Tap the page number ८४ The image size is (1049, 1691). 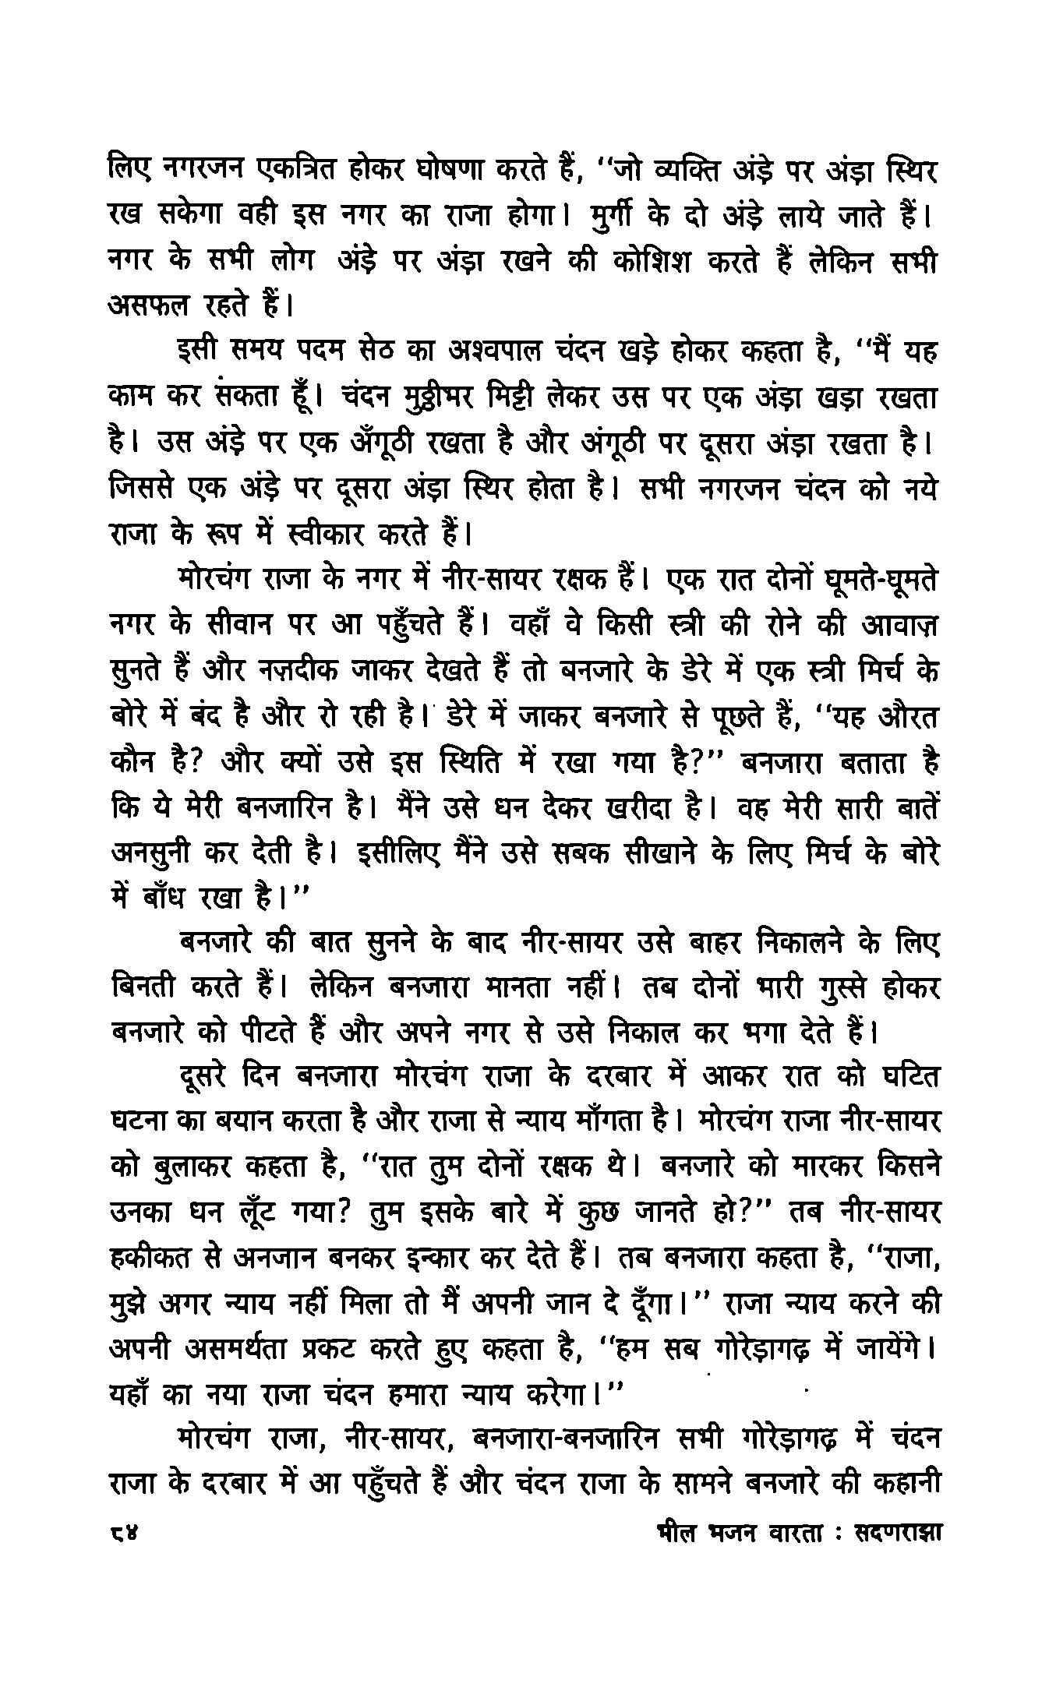tap(123, 1532)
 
